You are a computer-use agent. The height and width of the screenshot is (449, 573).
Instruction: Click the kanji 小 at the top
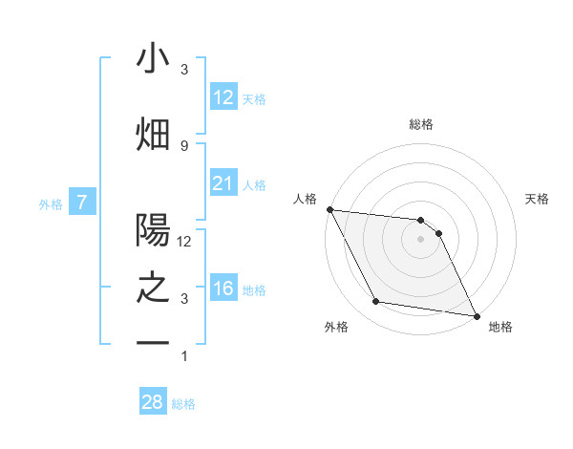(x=153, y=59)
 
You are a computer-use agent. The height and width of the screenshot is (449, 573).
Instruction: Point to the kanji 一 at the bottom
(x=153, y=343)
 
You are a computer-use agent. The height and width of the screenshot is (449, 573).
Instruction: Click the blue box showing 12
(x=223, y=97)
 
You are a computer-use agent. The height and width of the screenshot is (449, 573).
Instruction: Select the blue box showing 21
(x=223, y=183)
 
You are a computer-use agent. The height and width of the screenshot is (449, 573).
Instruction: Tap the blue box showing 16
(x=223, y=289)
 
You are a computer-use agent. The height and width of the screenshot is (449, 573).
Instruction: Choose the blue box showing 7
(x=83, y=203)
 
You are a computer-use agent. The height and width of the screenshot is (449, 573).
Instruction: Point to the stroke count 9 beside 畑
(x=184, y=145)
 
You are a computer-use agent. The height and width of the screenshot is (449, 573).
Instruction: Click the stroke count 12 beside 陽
(x=185, y=241)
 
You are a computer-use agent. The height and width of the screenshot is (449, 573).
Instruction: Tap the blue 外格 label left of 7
(x=51, y=203)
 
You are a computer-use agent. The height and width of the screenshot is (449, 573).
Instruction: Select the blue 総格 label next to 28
(x=184, y=404)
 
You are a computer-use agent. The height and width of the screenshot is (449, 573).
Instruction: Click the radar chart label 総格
(x=421, y=124)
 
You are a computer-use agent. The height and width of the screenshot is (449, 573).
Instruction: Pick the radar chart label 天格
(x=538, y=199)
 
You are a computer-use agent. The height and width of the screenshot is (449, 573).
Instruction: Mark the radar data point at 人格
(x=329, y=209)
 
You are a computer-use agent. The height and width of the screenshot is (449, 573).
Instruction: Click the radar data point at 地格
(x=477, y=315)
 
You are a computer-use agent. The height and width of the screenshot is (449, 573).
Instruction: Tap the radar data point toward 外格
(x=375, y=302)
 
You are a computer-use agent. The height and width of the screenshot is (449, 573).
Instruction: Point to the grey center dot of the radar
(x=420, y=239)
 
